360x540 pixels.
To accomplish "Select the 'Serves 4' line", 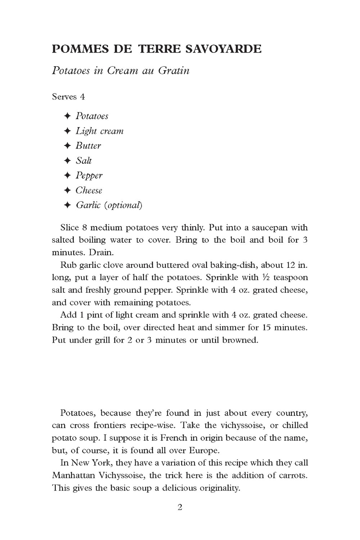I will (x=68, y=96).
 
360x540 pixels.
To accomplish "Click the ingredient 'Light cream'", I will (x=99, y=131).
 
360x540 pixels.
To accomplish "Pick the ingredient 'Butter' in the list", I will (x=88, y=146).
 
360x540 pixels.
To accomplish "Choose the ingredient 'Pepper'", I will (x=89, y=176).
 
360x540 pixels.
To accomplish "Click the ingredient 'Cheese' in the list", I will (x=89, y=190).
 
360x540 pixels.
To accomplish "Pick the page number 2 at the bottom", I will (x=180, y=508).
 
